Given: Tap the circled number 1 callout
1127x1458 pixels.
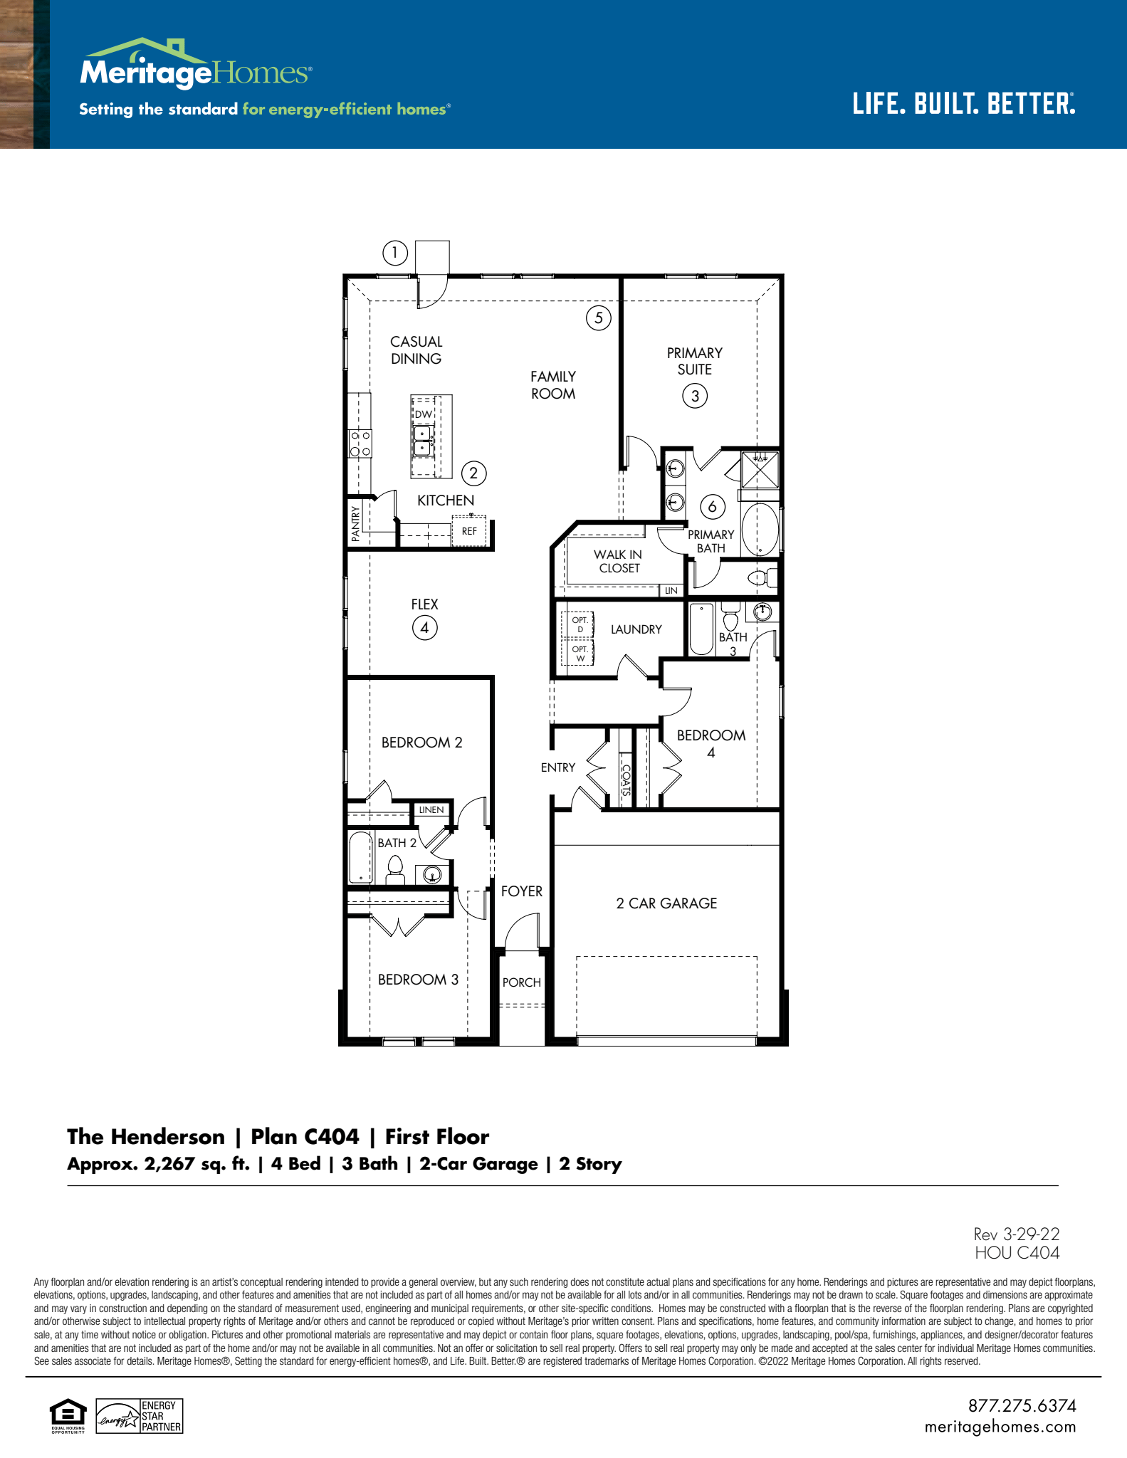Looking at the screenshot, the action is click(395, 253).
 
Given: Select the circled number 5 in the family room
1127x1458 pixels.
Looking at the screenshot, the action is click(599, 318).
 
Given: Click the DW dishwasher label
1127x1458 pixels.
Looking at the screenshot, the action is click(424, 414).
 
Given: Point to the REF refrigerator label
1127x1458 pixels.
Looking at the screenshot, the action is click(469, 531).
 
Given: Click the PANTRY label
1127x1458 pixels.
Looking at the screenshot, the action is click(356, 523).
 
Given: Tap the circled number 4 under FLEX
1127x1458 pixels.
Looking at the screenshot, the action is click(425, 628).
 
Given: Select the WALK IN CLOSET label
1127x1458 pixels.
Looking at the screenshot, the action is click(618, 561).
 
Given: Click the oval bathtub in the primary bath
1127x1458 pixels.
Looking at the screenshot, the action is click(760, 529).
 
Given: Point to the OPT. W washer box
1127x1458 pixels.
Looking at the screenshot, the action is click(580, 654).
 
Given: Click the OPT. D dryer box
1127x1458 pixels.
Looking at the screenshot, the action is click(580, 624).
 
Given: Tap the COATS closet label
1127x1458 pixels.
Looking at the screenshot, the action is click(626, 780).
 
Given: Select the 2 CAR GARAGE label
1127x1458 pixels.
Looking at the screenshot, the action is click(666, 903).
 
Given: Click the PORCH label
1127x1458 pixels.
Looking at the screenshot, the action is click(522, 982).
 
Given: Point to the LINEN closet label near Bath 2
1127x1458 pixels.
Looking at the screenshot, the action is click(431, 810).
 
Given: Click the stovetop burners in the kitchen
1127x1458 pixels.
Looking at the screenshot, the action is click(360, 443).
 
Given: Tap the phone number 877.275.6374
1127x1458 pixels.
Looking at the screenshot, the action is click(1022, 1406).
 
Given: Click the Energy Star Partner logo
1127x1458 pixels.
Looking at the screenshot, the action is click(140, 1416).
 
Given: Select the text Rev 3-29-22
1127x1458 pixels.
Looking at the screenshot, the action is click(1017, 1234).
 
